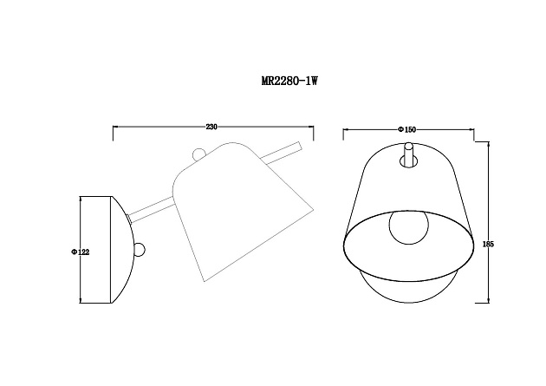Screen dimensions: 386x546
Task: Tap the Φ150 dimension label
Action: [x=406, y=129]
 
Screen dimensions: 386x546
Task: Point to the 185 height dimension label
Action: [x=490, y=245]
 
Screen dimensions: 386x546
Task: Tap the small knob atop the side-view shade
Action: [x=199, y=155]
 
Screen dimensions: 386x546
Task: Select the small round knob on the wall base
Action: [x=139, y=251]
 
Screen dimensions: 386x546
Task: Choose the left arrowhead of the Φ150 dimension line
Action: [x=346, y=130]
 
